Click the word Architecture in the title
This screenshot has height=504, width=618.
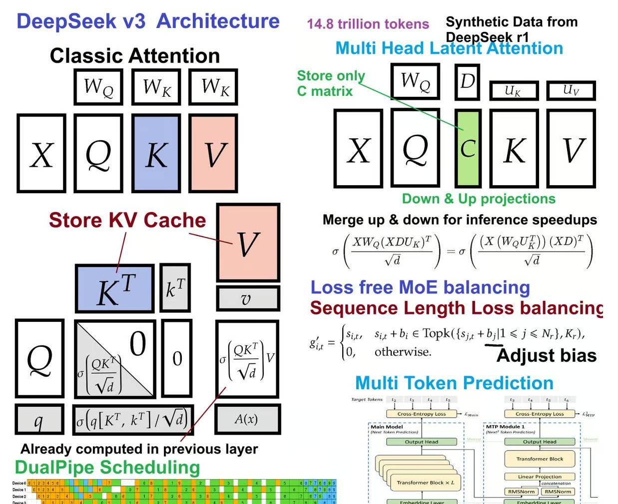pos(218,21)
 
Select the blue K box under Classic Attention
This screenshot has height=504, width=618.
pos(156,153)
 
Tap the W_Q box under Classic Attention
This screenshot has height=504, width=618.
pos(98,87)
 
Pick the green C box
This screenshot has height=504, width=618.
pos(468,148)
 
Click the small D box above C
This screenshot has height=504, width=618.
pos(468,81)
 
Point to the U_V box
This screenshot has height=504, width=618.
pos(571,90)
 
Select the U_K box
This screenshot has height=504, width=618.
pos(514,91)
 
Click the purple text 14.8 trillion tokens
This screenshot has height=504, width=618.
pos(368,24)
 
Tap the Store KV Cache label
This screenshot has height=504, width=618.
pos(127,220)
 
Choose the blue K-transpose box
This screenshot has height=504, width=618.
pos(114,289)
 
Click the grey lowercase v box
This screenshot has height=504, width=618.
pos(247,298)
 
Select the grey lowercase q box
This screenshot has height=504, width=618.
pos(39,420)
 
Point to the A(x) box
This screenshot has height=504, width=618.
pos(247,419)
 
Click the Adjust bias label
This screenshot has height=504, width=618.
pos(547,355)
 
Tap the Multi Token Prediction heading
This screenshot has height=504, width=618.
pos(454,383)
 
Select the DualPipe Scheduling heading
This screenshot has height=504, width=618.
pos(107,467)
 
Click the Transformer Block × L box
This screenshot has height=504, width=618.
pos(425,483)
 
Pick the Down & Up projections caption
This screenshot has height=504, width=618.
pos(479,199)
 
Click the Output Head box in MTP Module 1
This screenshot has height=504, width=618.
pos(540,442)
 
